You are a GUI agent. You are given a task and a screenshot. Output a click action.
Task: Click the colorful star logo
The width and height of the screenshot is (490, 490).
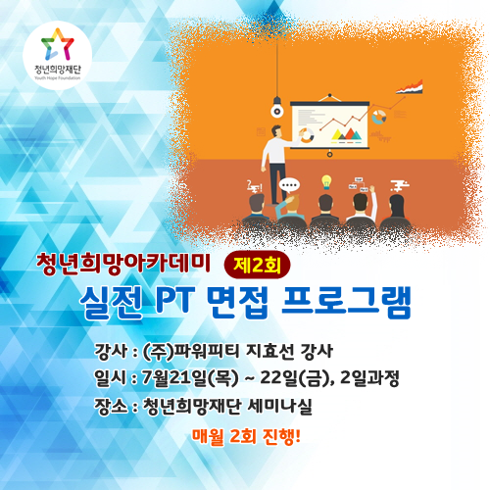tap(58, 44)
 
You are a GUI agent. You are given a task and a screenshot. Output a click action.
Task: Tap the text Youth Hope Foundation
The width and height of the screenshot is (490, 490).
tap(58, 78)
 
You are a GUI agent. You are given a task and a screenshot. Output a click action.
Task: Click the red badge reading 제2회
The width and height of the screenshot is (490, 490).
tap(257, 266)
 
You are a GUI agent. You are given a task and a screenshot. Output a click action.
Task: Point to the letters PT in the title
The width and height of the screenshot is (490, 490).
tap(174, 300)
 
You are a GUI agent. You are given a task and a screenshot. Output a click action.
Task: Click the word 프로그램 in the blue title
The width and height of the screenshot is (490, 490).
tap(346, 301)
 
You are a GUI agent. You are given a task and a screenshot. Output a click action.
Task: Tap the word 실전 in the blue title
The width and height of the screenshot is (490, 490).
tap(112, 302)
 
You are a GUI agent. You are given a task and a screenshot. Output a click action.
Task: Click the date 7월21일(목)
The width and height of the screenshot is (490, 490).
tap(190, 378)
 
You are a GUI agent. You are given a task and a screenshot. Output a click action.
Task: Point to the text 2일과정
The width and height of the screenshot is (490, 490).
tap(369, 378)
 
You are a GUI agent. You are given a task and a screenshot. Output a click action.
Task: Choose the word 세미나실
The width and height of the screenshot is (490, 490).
tap(280, 407)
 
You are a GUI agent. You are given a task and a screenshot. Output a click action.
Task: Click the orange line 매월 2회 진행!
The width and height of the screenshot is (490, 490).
tap(246, 436)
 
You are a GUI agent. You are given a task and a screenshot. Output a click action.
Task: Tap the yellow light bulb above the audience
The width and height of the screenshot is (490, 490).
tap(326, 182)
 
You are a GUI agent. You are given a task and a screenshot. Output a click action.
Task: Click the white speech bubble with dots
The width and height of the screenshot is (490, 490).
tap(289, 186)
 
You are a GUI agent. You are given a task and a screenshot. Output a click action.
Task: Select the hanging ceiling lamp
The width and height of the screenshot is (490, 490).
tap(277, 107)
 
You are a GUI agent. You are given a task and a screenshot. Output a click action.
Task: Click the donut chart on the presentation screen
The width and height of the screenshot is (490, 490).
tap(307, 135)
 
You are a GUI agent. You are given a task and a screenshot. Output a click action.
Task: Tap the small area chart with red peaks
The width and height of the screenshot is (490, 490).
tap(410, 87)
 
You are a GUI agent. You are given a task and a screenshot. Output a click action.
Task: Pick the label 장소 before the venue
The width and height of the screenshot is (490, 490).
tap(111, 407)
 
